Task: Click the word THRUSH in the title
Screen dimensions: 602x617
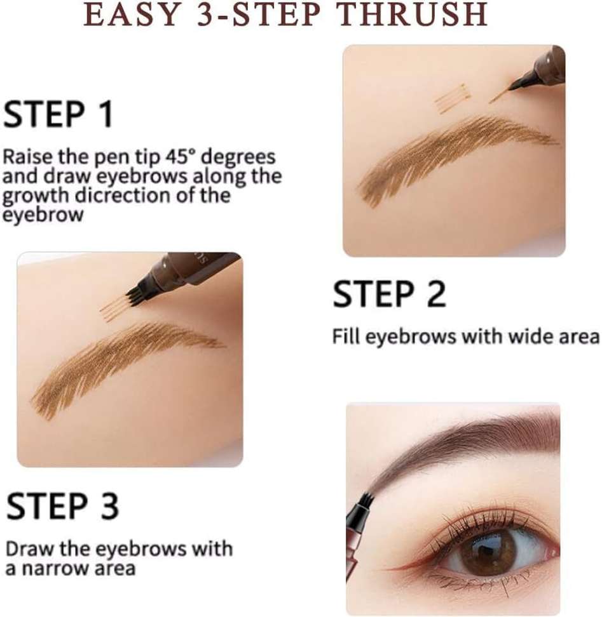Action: (413, 15)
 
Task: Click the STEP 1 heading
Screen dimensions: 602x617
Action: (58, 114)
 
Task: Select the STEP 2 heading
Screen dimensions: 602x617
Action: (389, 294)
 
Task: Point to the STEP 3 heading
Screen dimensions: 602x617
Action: (62, 506)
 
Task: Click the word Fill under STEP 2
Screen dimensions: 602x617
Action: (346, 336)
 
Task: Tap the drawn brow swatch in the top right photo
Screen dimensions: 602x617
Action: (457, 157)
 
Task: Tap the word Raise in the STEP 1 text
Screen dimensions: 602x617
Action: (28, 157)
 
